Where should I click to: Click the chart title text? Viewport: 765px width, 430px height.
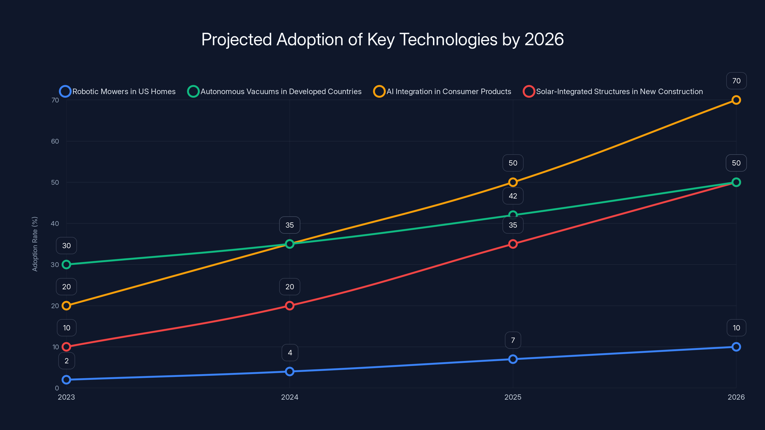tap(382, 39)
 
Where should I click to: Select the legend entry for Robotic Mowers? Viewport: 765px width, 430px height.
tap(118, 91)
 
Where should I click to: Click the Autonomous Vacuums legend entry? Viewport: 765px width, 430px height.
tap(274, 91)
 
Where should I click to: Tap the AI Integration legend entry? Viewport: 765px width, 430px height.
tap(442, 91)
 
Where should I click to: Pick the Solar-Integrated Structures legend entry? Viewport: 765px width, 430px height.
tap(613, 91)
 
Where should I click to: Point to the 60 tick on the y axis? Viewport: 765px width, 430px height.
tap(55, 141)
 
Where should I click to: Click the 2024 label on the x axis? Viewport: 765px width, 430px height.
tap(290, 397)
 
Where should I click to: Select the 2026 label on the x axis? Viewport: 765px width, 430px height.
tap(736, 397)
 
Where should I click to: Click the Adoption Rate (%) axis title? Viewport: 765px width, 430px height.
tap(35, 244)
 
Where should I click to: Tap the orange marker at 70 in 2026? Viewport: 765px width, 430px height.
tap(736, 100)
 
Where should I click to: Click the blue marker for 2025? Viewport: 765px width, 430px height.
tap(513, 359)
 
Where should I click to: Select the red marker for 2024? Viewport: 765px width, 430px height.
tap(290, 306)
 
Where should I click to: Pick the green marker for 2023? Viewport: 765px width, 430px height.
tap(66, 264)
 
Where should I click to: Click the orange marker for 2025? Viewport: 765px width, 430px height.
tap(513, 182)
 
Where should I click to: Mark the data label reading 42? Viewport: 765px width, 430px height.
tap(513, 196)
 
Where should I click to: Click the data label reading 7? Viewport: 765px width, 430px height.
tap(513, 340)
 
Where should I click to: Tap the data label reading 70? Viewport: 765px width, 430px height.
tap(736, 81)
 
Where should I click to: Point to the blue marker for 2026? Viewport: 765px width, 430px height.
tap(736, 347)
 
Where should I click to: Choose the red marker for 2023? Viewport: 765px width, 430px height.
tap(66, 347)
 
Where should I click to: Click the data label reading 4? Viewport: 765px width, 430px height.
tap(290, 353)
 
